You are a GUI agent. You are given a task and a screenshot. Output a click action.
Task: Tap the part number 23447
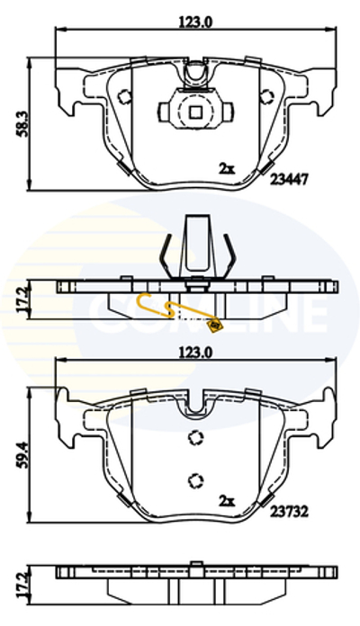pyautogui.click(x=290, y=179)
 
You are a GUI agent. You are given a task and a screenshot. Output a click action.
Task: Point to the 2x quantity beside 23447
pyautogui.click(x=226, y=167)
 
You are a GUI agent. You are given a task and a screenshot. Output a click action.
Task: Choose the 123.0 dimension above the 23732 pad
pyautogui.click(x=195, y=353)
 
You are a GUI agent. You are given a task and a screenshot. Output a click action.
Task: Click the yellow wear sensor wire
pyautogui.click(x=162, y=309)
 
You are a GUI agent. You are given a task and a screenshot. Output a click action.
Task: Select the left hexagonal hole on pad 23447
pyautogui.click(x=125, y=96)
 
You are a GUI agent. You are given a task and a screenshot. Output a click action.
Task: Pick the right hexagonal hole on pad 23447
pyautogui.click(x=265, y=96)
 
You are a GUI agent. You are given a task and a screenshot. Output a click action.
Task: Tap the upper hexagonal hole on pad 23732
pyautogui.click(x=194, y=438)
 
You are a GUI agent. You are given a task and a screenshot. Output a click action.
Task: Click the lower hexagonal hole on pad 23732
pyautogui.click(x=194, y=478)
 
